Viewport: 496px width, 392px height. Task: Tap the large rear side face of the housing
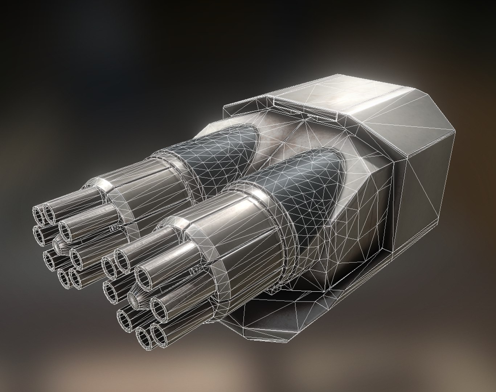pos(425,189)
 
